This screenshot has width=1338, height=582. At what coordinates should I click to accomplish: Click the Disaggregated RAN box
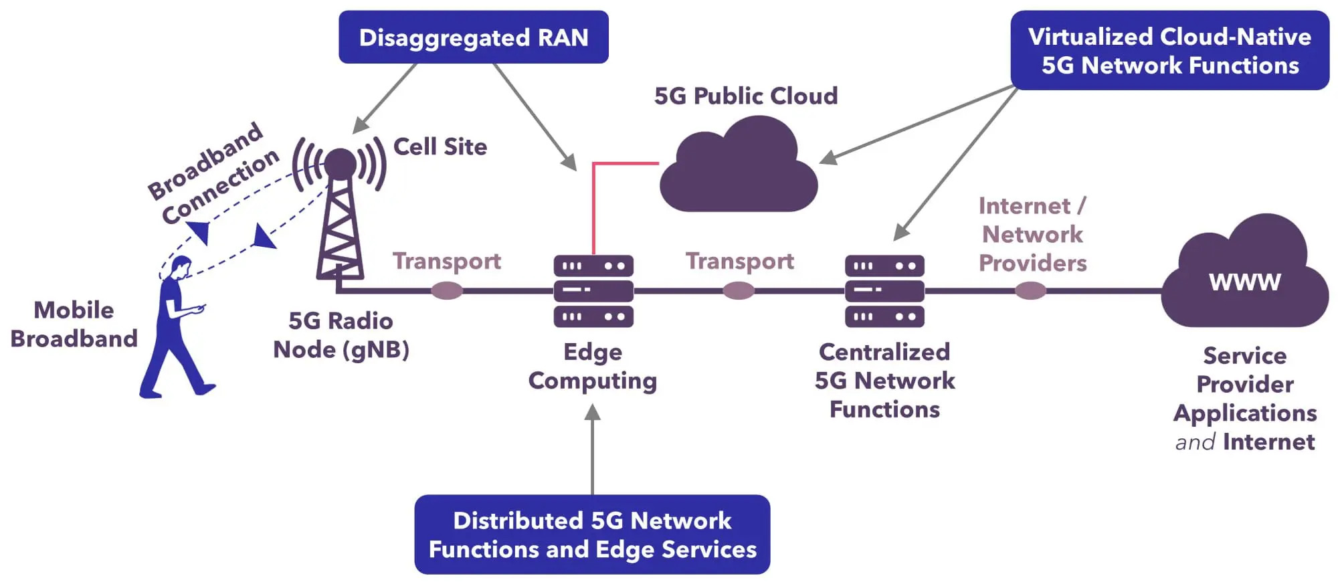pos(473,37)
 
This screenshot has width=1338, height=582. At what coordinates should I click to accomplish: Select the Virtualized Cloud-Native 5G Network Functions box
pos(1169,51)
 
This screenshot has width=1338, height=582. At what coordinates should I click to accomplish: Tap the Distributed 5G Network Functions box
pos(592,535)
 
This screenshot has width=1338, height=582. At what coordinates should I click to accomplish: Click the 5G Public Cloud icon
pos(739,171)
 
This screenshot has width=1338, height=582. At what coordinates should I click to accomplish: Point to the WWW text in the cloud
pos(1244,282)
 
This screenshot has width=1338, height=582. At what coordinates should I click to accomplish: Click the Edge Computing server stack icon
pos(593,291)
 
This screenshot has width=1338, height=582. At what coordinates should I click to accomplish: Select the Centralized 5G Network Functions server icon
pos(884,291)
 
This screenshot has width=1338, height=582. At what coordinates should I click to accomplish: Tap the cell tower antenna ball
pos(340,163)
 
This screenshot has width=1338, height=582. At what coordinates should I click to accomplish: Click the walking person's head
pos(181,267)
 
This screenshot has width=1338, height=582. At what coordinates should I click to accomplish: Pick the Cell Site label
pos(440,147)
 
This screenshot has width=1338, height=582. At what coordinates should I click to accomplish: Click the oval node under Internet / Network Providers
pos(1030,291)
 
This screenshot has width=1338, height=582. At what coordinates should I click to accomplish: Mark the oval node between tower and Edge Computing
pos(447,291)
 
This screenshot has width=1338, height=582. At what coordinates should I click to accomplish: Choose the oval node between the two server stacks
pos(739,291)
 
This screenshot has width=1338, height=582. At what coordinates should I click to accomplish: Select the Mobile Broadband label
pos(74,324)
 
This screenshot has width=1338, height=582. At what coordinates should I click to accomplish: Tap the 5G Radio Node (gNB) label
pos(341,335)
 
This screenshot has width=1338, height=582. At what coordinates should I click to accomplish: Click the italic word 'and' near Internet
pos(1195,442)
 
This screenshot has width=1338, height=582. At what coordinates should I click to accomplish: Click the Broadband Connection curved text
pos(213,174)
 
